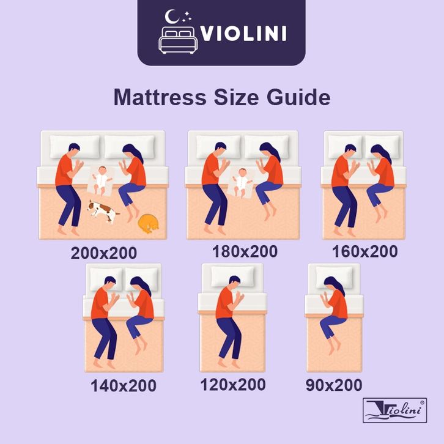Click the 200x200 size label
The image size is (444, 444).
click(x=103, y=253)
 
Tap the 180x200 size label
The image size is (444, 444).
click(x=245, y=251)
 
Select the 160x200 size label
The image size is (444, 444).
click(x=365, y=251)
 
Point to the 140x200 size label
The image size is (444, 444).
click(x=124, y=386)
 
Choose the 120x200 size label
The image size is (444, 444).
click(x=233, y=385)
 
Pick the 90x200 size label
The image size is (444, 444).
click(x=334, y=385)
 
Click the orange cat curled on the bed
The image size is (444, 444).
click(x=148, y=224)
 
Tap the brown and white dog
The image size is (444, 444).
click(x=103, y=212)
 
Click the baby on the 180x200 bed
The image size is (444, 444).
click(x=242, y=183)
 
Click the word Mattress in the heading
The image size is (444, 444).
click(x=160, y=97)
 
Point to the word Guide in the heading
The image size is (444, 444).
click(x=298, y=97)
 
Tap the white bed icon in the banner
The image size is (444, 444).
click(x=178, y=40)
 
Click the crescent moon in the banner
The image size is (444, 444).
click(x=171, y=17)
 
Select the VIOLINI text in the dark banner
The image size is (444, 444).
click(x=243, y=34)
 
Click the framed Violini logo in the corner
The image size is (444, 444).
click(x=394, y=410)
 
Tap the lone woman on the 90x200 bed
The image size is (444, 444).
click(x=334, y=315)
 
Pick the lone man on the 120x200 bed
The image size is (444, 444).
click(x=229, y=322)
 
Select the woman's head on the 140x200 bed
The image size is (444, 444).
click(x=140, y=284)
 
